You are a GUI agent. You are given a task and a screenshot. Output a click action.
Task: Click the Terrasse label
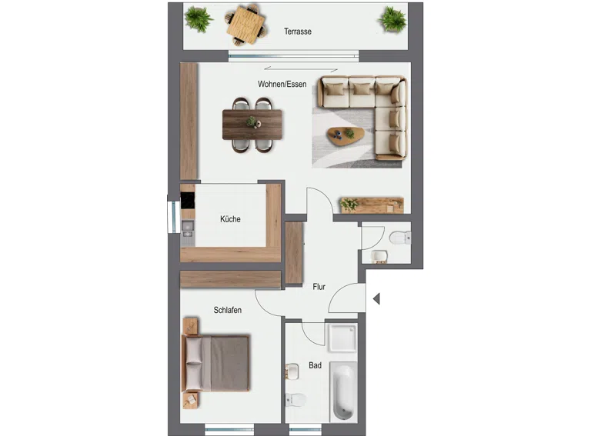(x=298, y=32)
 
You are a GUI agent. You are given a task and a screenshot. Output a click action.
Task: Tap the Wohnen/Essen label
(x=282, y=84)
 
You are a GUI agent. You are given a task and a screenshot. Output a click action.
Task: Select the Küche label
(x=230, y=218)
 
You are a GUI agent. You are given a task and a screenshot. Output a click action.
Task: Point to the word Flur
(x=319, y=287)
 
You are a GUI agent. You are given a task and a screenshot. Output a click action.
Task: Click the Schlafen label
(x=227, y=310)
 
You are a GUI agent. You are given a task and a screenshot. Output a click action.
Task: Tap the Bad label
(x=315, y=365)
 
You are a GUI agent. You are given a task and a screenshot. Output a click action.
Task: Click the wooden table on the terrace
(x=245, y=25)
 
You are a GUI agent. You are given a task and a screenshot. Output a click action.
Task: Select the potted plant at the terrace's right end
(x=392, y=18)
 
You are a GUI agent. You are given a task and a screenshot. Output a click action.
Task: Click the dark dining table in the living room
(x=252, y=125)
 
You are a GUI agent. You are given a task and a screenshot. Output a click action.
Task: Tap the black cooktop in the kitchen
(x=187, y=200)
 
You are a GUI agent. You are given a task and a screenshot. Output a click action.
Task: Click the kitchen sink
(x=187, y=229)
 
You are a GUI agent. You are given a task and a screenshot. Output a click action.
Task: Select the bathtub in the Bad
(x=343, y=391)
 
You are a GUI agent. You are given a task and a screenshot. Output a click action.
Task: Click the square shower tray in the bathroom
(x=342, y=337)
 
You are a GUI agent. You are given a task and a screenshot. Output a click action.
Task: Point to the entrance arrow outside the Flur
(x=376, y=298)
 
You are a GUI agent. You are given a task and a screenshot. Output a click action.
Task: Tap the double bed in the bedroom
(x=215, y=363)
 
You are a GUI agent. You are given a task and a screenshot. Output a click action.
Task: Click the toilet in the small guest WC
(x=400, y=238)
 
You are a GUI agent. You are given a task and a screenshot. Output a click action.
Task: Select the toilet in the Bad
(x=295, y=400)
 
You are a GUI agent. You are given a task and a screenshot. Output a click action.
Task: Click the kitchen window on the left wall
(x=174, y=217)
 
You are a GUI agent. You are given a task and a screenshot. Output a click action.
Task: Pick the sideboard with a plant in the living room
(x=372, y=205)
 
